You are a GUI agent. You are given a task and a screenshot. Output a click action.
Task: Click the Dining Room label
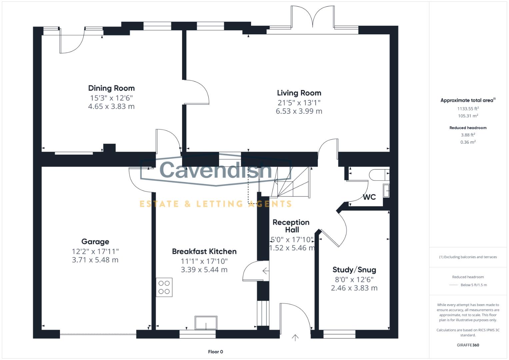[111, 88]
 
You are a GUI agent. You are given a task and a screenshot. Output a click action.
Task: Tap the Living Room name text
[299, 93]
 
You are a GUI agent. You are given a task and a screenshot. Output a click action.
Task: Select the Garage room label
[95, 242]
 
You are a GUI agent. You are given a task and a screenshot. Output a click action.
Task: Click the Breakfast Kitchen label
[204, 252]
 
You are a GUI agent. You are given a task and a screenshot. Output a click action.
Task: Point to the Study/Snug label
[354, 270]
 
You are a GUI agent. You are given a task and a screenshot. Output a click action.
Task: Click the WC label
[369, 197]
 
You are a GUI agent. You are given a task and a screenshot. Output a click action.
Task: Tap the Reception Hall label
[291, 226]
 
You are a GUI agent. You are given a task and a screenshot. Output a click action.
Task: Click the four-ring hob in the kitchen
[164, 287]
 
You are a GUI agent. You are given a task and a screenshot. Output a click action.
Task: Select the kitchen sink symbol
[206, 323]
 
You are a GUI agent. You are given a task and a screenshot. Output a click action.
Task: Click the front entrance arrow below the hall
[295, 338]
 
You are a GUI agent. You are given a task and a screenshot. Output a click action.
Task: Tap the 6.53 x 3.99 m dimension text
[299, 111]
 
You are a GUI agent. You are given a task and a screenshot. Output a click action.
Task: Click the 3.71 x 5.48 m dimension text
[95, 260]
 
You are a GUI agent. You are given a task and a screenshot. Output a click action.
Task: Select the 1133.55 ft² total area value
[468, 109]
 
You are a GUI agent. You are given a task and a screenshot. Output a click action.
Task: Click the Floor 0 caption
[215, 352]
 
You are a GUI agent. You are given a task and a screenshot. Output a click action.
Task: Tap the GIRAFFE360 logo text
[468, 345]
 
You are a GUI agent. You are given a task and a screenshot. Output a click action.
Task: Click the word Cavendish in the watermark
[216, 170]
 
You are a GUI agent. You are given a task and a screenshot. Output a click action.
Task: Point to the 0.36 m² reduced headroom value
[468, 142]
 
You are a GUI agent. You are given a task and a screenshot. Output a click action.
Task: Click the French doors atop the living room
[313, 18]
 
